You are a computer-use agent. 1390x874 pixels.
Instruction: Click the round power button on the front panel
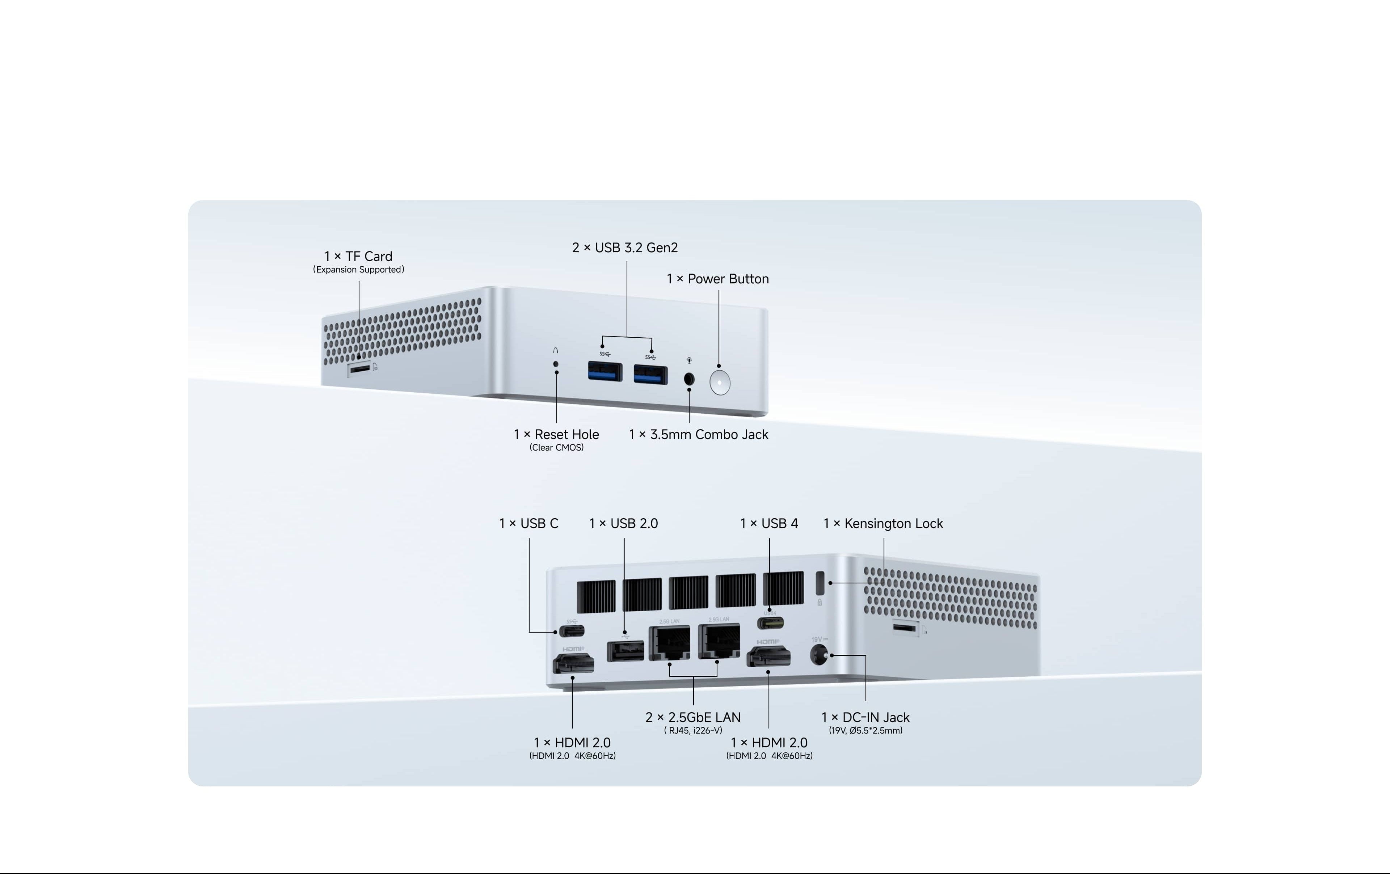tap(720, 382)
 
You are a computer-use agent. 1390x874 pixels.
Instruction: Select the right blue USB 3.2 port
tap(650, 374)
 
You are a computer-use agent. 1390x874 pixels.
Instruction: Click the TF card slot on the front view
tap(359, 368)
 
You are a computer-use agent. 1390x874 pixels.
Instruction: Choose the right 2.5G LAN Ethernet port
tap(719, 641)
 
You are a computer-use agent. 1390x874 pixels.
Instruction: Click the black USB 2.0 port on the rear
tap(625, 651)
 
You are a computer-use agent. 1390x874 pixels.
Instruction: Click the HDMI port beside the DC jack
tap(768, 657)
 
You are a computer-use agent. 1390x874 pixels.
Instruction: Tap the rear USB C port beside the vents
tap(572, 631)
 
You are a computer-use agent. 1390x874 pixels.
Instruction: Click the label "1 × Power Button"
tap(717, 279)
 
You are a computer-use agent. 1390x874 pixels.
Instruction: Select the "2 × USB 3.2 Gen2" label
tap(625, 248)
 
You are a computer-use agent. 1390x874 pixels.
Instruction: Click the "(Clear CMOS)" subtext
tap(556, 447)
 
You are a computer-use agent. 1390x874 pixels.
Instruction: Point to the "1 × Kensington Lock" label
tap(883, 524)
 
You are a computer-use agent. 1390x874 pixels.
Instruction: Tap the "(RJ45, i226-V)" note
tap(693, 730)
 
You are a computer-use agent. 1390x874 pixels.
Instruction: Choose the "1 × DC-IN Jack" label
tap(865, 718)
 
